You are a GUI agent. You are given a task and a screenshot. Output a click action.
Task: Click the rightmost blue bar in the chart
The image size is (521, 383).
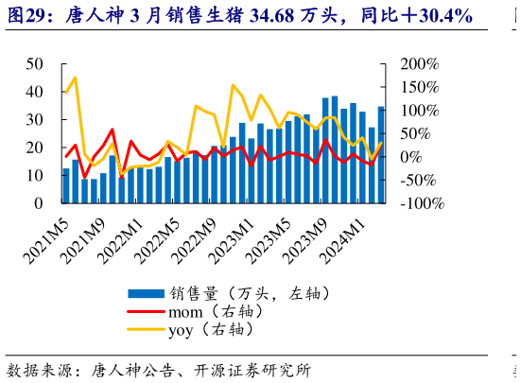coord(381,155)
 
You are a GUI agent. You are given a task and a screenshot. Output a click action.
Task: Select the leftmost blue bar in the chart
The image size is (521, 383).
coord(66,185)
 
